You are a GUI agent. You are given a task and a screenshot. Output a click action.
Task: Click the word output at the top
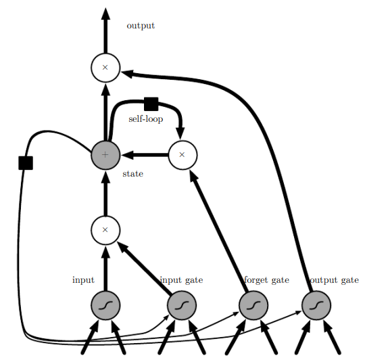pos(141,26)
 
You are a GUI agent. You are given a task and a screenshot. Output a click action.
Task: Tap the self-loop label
pos(145,119)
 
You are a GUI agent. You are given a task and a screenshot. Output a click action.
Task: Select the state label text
pos(132,174)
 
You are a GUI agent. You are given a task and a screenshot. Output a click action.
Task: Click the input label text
pos(83,279)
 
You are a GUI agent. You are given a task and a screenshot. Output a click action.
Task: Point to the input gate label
pos(181,279)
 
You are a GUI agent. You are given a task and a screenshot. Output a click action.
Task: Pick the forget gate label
pos(266,279)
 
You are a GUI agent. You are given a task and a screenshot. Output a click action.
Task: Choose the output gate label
pos(334,279)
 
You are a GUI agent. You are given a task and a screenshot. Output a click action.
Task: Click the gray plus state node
pos(105,154)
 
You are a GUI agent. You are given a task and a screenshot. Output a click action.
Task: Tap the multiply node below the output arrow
pos(105,68)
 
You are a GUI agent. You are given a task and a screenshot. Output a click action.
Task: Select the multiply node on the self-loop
pos(182,154)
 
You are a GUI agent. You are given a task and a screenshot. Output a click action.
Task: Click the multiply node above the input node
pos(105,230)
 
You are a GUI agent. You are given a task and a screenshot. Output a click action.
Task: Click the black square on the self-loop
pos(151,104)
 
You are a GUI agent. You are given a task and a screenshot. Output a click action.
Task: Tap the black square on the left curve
pos(26,162)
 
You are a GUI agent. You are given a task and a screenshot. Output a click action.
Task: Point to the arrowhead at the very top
pos(105,13)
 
